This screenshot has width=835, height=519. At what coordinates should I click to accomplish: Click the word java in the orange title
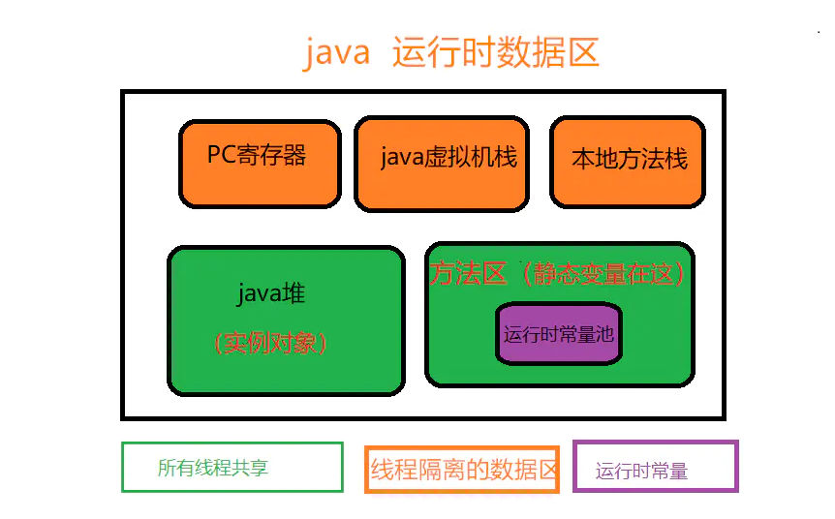pos(337,52)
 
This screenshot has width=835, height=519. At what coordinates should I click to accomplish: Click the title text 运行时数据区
pos(496,52)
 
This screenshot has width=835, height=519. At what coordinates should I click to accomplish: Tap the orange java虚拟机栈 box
pos(442,163)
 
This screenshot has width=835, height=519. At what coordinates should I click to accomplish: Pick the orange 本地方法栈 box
pos(629,162)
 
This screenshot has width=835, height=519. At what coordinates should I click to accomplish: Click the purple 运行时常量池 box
pos(559,335)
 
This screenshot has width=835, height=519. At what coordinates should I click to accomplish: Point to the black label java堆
pos(271,292)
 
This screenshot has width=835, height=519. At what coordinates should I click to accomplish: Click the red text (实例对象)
pos(271,343)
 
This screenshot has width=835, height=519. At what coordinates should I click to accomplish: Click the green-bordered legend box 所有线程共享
pos(232,467)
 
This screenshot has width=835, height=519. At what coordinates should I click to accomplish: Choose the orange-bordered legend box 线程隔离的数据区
pos(463,470)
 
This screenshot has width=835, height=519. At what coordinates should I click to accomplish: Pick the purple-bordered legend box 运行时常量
pos(656,466)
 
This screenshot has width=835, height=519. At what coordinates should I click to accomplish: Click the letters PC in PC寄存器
pos(221,155)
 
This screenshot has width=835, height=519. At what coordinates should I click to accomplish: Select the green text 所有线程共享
pos(213,469)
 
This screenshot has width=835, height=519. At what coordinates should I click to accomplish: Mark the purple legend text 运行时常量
pos(641,472)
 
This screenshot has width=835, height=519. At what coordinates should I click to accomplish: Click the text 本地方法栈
pos(630,159)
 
